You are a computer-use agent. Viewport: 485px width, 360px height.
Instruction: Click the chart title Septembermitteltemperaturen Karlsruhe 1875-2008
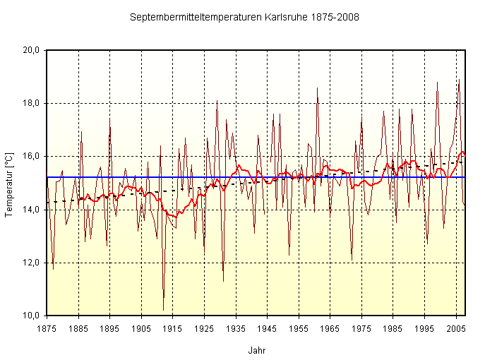click(x=244, y=16)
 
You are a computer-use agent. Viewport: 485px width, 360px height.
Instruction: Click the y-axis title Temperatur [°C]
click(x=9, y=182)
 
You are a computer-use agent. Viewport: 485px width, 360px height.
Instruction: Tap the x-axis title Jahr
click(x=257, y=350)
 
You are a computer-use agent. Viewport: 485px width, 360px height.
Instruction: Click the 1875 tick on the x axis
click(x=47, y=328)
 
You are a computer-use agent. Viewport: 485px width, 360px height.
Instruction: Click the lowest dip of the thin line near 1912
click(x=163, y=310)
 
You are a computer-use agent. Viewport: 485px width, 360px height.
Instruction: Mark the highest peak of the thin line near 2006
click(x=460, y=80)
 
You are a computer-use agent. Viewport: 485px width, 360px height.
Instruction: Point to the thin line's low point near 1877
click(x=53, y=269)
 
